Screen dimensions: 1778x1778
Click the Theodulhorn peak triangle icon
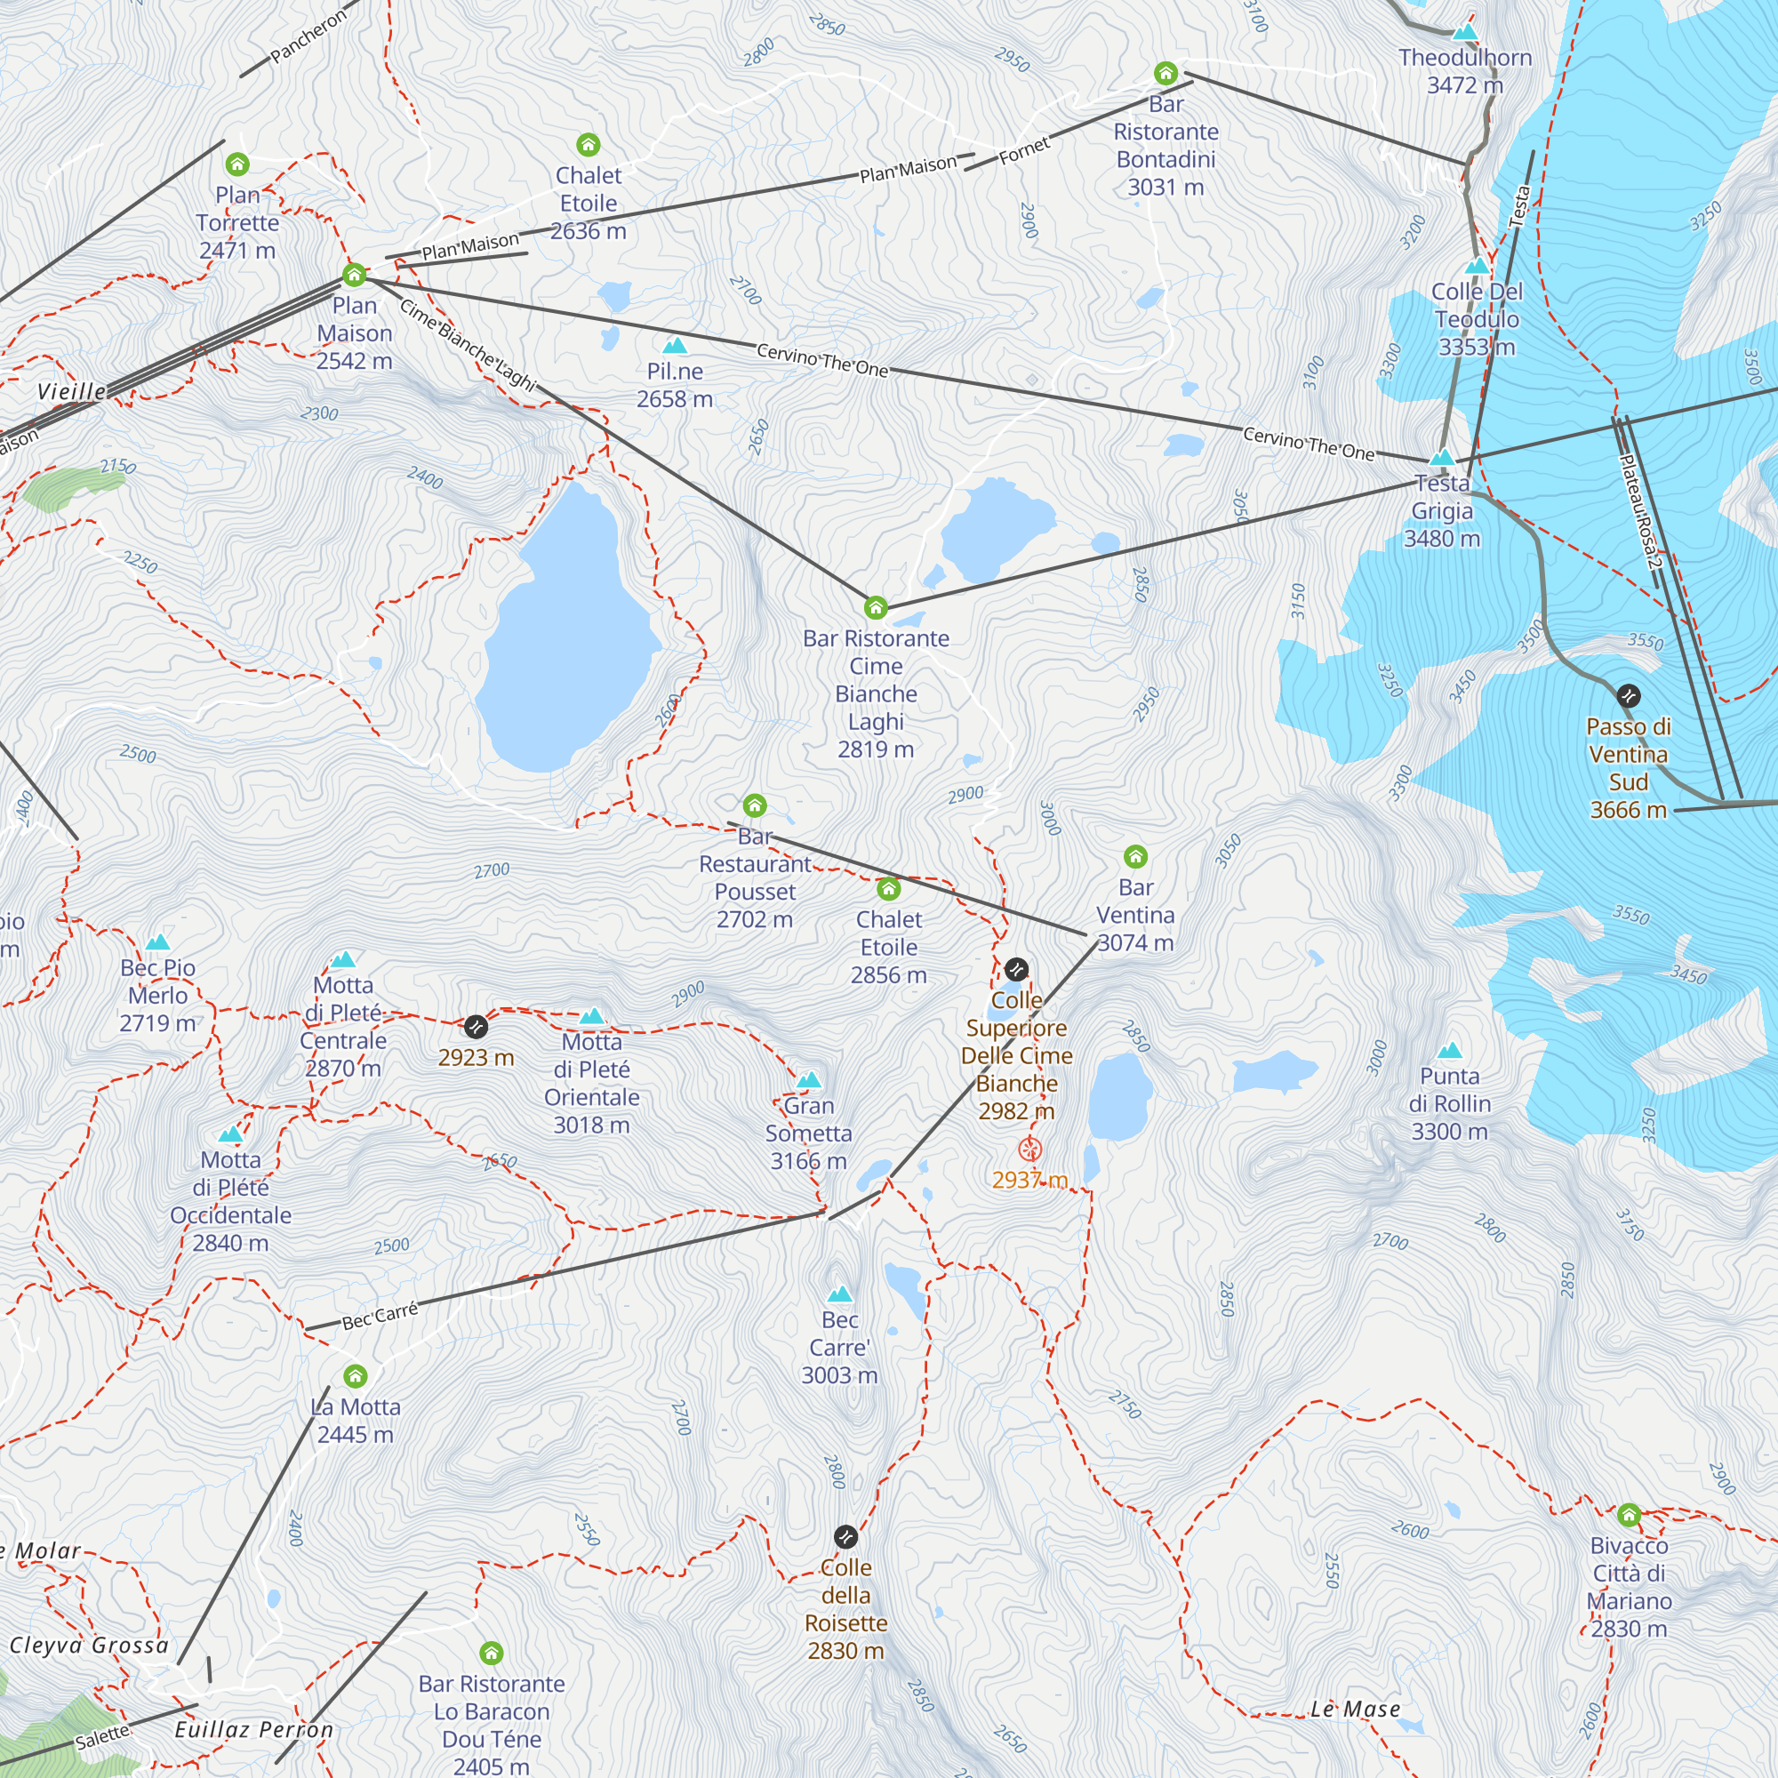click(x=1464, y=33)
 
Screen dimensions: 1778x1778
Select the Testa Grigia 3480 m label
click(x=1441, y=512)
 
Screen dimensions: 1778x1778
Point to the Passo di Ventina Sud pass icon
click(x=1628, y=696)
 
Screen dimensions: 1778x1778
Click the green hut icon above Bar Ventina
click(x=1135, y=857)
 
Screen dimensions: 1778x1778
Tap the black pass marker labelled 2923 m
click(x=476, y=1026)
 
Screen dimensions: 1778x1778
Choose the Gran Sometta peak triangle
click(x=809, y=1079)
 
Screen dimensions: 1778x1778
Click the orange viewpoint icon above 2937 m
click(x=1029, y=1149)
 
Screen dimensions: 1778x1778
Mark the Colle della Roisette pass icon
click(x=845, y=1536)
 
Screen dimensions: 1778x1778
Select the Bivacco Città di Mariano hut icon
click(x=1629, y=1514)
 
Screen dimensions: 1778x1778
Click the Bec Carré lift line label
click(x=380, y=1315)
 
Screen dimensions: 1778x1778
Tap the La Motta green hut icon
click(x=356, y=1376)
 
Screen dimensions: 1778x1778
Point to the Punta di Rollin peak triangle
click(x=1449, y=1050)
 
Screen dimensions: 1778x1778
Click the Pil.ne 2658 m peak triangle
click(x=676, y=345)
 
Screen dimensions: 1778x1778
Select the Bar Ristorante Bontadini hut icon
click(x=1166, y=73)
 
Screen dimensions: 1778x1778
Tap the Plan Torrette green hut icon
click(x=237, y=164)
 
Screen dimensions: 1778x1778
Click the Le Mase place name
click(x=1355, y=1709)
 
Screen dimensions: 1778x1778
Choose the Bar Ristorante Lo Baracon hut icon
click(x=492, y=1653)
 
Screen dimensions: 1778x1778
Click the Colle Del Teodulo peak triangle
click(x=1476, y=266)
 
